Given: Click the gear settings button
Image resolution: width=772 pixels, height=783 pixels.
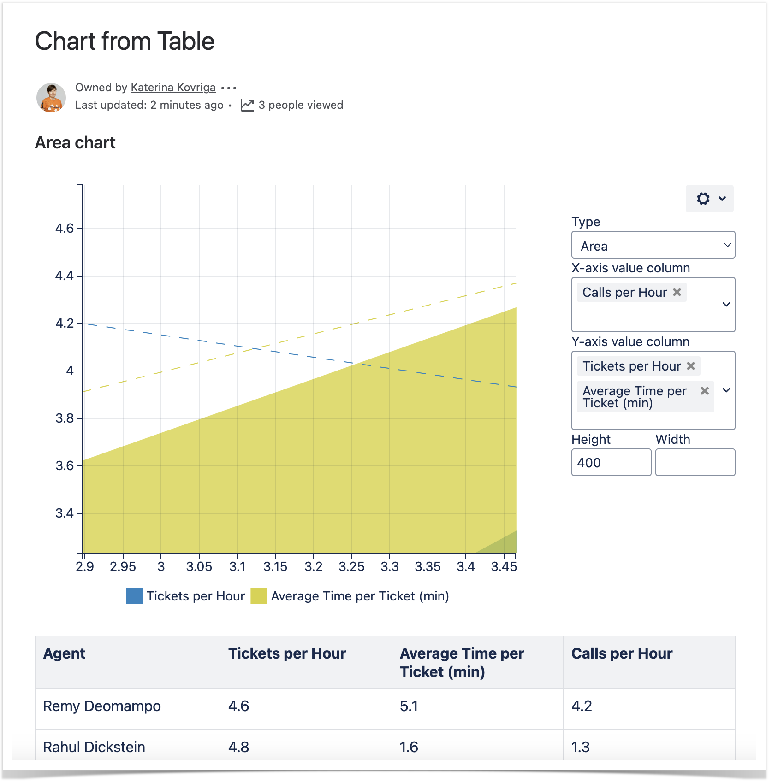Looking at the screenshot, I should click(709, 199).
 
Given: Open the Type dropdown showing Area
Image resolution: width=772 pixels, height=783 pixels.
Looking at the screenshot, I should click(653, 245).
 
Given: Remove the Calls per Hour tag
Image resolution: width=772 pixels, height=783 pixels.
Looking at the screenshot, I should click(677, 292).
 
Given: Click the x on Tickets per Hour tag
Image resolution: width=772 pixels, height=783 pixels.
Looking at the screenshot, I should click(691, 366).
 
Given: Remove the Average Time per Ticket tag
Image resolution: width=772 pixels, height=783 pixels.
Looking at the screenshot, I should click(705, 391).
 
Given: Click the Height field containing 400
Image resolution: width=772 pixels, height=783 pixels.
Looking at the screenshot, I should click(611, 463).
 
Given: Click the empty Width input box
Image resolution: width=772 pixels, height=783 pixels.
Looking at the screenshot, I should click(695, 463).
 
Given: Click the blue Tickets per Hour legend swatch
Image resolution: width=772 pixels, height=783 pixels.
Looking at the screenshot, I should click(134, 596).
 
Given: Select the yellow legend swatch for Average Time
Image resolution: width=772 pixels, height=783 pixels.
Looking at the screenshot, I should click(259, 596).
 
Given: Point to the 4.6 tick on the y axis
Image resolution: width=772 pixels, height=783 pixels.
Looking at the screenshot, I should click(65, 229).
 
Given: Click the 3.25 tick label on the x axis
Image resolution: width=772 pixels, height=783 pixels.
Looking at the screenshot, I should click(351, 566).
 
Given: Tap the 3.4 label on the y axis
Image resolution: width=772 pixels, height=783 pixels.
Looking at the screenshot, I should click(65, 513).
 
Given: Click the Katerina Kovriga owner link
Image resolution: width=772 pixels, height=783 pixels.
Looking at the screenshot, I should click(173, 88).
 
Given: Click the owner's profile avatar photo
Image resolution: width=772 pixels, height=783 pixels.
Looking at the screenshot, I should click(51, 98).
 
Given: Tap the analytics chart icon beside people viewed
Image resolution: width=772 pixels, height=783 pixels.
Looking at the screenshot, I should click(247, 105).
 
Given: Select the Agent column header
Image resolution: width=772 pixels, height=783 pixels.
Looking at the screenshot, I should click(65, 653).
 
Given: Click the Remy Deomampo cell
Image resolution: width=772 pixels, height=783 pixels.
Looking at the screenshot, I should click(102, 706).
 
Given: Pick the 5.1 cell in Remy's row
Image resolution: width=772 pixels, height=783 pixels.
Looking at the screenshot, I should click(409, 706).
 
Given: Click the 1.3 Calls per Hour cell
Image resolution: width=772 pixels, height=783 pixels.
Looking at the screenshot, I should click(581, 747).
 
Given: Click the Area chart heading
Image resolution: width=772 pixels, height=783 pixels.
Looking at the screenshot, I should click(75, 143).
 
